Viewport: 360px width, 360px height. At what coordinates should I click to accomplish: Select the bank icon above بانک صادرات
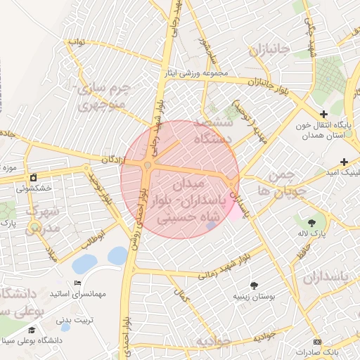coord(316,341)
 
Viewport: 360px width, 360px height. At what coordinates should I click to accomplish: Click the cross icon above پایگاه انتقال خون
coord(323,114)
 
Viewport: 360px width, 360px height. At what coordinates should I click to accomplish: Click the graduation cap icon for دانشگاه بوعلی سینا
coord(32,330)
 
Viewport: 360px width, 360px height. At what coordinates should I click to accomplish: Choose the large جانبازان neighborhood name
coord(268,51)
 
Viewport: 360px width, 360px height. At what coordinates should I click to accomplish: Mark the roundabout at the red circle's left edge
coord(147,166)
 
